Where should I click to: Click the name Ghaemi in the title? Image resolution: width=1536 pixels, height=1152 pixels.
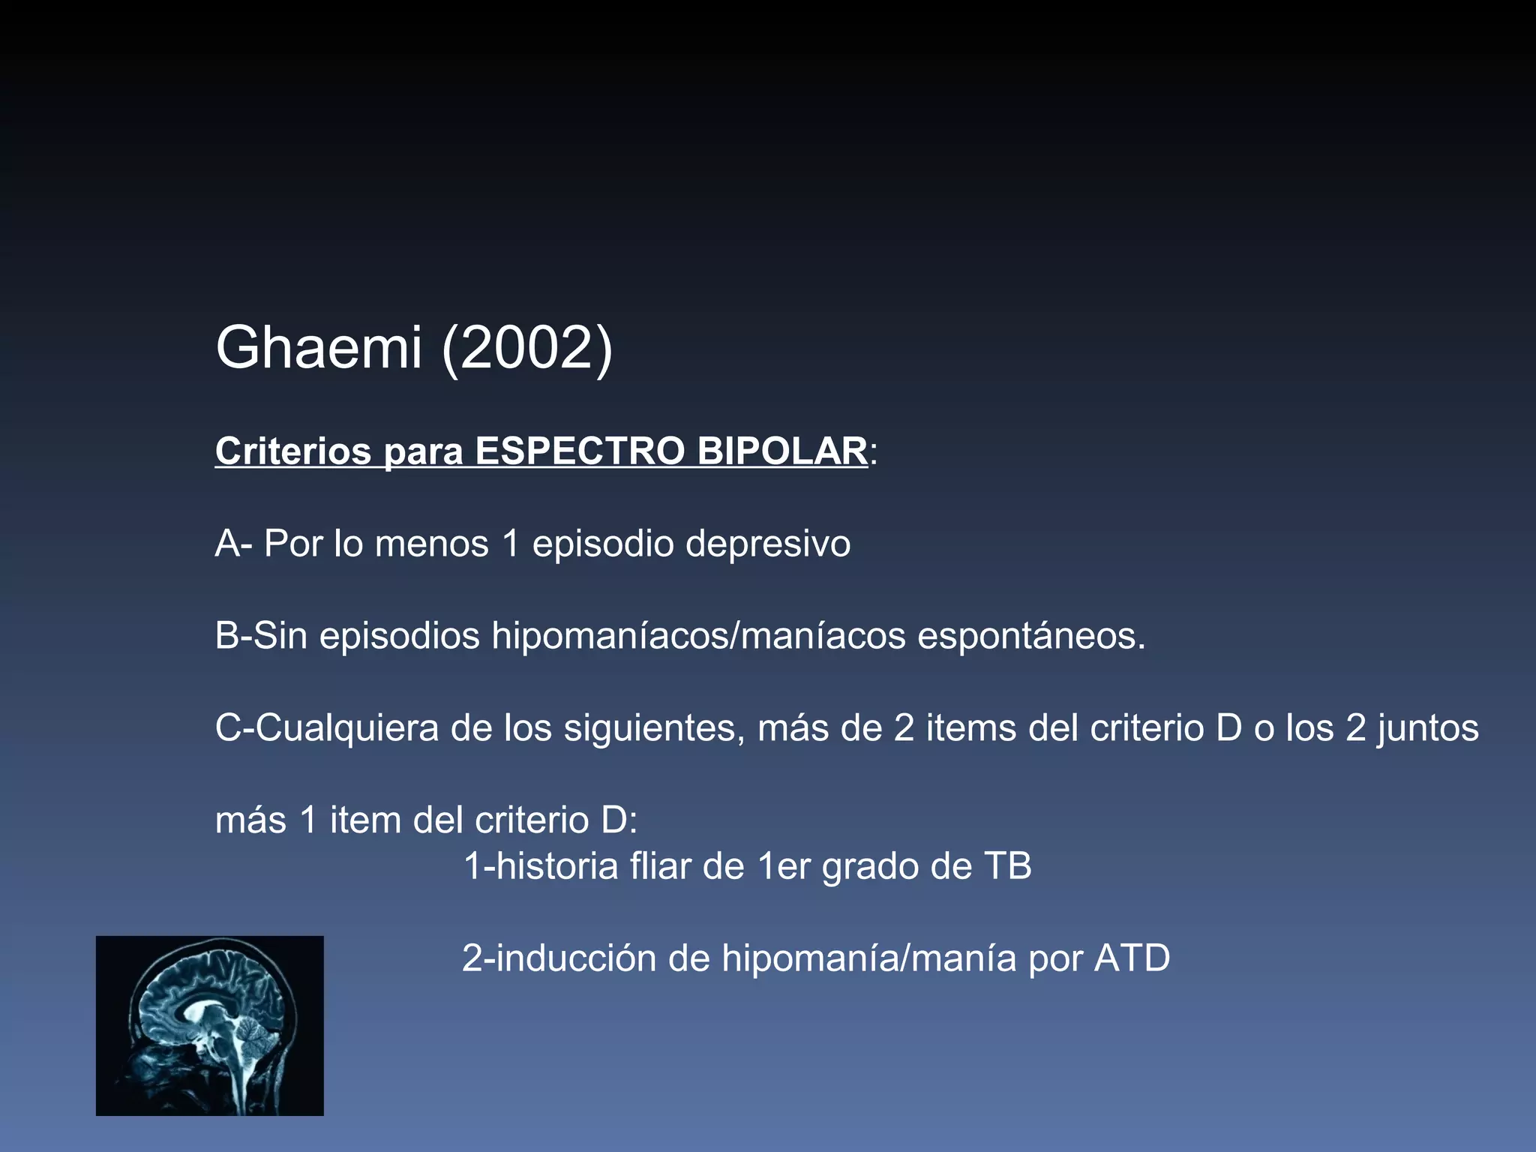point(318,348)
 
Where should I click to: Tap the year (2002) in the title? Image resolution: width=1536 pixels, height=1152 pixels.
point(527,348)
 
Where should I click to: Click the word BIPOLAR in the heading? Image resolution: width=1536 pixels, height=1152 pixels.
point(781,451)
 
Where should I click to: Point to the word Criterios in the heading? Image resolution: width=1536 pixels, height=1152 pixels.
point(293,451)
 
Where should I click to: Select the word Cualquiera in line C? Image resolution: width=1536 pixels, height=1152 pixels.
point(346,728)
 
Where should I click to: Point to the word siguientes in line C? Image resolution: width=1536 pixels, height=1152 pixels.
point(654,728)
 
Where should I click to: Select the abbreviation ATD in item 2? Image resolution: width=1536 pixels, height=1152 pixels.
point(1132,958)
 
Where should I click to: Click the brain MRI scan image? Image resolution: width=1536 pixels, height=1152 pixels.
point(210,1025)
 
